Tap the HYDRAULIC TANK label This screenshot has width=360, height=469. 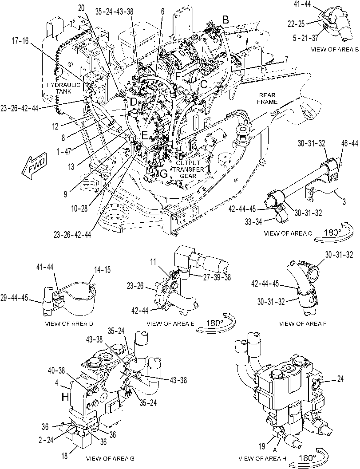point(63,88)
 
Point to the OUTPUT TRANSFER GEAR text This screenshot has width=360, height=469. point(188,169)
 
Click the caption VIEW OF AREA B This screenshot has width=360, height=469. point(335,49)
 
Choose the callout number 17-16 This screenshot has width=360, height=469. point(21,41)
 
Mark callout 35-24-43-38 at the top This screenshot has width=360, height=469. point(115,11)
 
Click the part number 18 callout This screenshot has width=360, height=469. point(65,457)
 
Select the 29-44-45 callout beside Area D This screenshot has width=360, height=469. point(14,298)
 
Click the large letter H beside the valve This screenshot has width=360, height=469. point(65,397)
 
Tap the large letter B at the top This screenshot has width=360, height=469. point(225,20)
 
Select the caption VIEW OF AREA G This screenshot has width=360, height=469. point(110,458)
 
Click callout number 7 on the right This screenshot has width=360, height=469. point(286,60)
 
